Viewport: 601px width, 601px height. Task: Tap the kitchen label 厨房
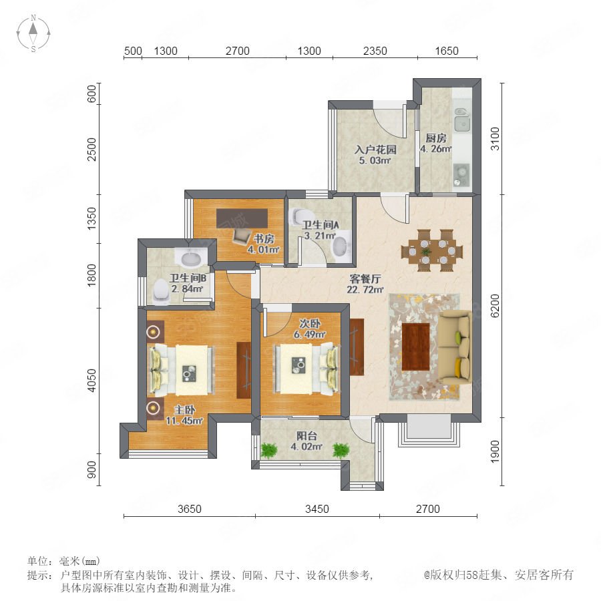click(436, 138)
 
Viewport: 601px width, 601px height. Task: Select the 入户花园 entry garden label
click(375, 149)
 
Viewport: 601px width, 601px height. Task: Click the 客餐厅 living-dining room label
click(365, 278)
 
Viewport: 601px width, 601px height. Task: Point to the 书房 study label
click(264, 239)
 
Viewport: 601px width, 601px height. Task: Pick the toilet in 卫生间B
click(162, 290)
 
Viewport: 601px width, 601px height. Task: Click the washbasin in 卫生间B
click(191, 258)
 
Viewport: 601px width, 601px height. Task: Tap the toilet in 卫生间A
click(299, 216)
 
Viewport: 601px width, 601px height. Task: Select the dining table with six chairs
click(432, 251)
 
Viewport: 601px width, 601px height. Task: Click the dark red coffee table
click(416, 347)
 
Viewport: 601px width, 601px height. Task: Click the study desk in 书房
click(242, 218)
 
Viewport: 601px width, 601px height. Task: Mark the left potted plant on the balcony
click(269, 450)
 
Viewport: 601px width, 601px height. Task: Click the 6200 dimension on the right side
click(495, 306)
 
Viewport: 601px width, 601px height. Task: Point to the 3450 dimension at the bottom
click(317, 509)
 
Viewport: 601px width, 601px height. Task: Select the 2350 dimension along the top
click(375, 51)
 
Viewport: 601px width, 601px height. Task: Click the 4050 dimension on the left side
click(91, 381)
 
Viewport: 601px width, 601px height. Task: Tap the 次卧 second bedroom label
click(310, 323)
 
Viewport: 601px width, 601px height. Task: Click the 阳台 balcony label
click(307, 436)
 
